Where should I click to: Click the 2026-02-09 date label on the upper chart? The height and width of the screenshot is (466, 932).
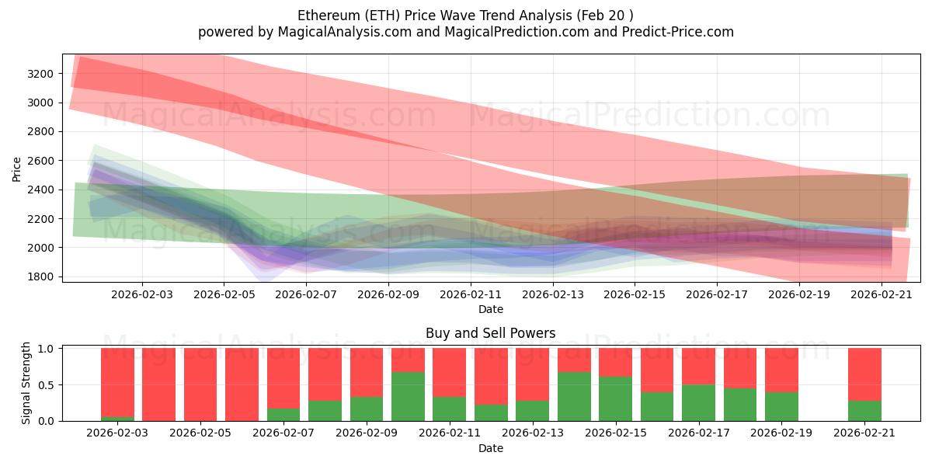(x=388, y=295)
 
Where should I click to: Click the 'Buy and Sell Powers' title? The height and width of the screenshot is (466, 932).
(x=490, y=333)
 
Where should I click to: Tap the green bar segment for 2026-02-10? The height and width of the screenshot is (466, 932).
(x=408, y=396)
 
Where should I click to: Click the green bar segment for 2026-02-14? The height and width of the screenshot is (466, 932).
(x=574, y=396)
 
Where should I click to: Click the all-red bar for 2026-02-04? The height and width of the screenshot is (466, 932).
(x=158, y=384)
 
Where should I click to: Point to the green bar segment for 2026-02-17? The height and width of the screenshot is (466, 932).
(x=698, y=402)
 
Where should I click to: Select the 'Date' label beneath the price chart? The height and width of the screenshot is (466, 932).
(x=490, y=309)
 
